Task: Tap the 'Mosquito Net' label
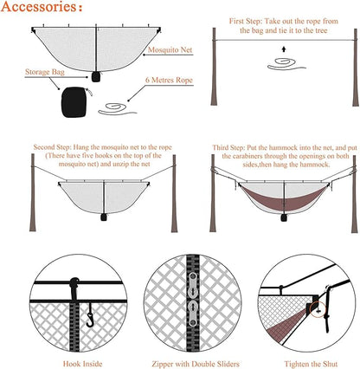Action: point(170,49)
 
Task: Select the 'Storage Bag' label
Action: point(45,72)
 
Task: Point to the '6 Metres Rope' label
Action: point(169,80)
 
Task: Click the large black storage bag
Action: point(74,102)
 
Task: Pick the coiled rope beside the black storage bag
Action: point(118,109)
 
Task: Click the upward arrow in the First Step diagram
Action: point(284,49)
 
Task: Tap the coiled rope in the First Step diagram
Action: point(286,64)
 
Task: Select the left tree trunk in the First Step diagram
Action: point(214,67)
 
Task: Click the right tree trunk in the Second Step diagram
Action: point(174,193)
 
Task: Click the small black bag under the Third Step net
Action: point(284,217)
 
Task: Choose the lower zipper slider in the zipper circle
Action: point(193,314)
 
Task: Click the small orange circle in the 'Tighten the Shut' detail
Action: point(318,309)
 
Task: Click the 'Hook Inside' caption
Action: point(82,364)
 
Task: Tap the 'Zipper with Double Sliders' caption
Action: point(196,364)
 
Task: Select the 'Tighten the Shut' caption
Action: point(311,364)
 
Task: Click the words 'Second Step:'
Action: point(52,147)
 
